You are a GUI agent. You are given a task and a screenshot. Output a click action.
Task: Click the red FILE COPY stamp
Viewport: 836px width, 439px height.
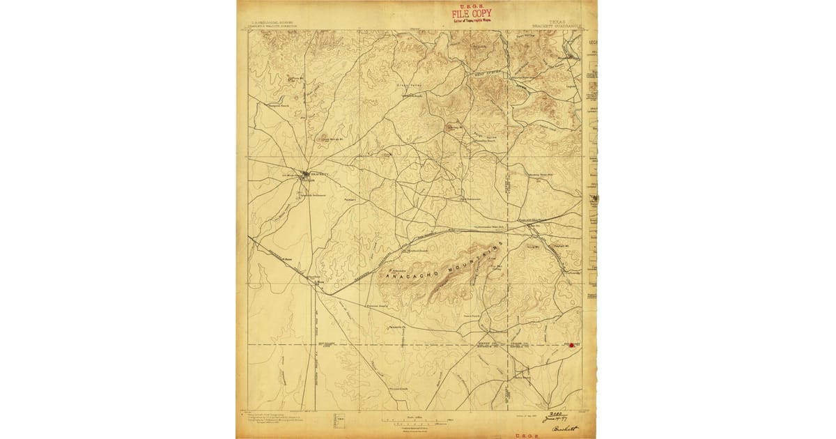click(471, 13)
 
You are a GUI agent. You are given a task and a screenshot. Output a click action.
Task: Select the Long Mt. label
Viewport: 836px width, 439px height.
click(534, 247)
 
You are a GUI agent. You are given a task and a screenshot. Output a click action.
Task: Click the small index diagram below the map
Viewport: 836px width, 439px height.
click(339, 420)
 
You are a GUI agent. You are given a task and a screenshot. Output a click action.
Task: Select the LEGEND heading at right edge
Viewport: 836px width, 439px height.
click(594, 41)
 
